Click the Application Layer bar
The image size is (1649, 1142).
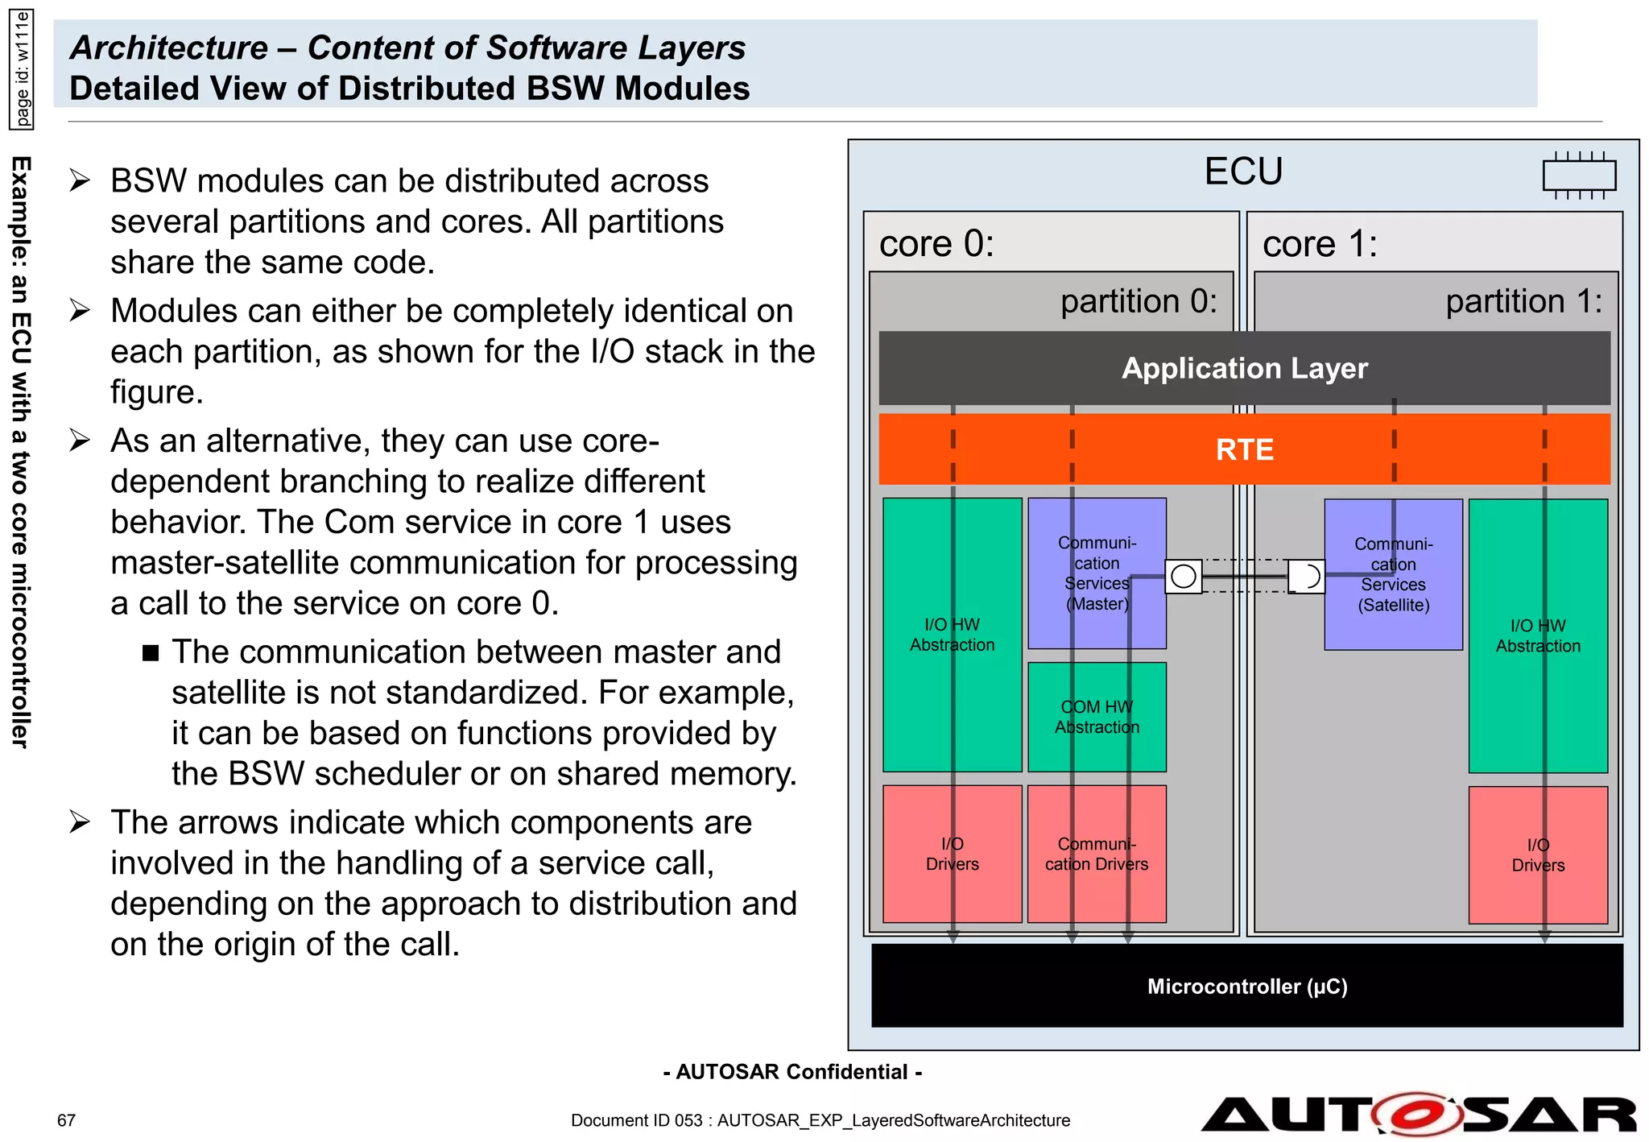(1244, 368)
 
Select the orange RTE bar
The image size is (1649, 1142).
(1244, 449)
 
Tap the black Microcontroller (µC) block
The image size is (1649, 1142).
(1246, 986)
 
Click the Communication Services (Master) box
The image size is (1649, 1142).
(1097, 573)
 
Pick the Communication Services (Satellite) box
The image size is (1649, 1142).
(1393, 574)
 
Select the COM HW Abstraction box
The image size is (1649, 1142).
(1097, 717)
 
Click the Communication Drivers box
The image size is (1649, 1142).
(1097, 854)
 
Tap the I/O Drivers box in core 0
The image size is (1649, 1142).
(952, 854)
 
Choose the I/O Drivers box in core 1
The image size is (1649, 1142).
(1538, 854)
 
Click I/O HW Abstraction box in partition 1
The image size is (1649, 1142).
(1538, 635)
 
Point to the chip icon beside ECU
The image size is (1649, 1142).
(1579, 175)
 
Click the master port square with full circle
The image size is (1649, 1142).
(1184, 577)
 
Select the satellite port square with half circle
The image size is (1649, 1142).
(1306, 577)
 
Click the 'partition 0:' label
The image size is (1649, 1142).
(1139, 301)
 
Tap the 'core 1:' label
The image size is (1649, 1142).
(1320, 243)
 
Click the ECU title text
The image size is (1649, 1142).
(1243, 172)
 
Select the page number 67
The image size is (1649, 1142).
(66, 1120)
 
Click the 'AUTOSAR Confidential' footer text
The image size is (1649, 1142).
(792, 1072)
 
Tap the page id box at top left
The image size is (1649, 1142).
(22, 68)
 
